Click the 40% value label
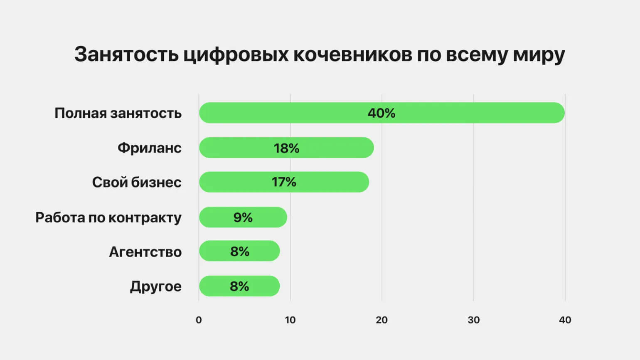(382, 113)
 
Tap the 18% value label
(286, 148)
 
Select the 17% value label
(284, 182)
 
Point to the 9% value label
(243, 217)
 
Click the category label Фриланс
(149, 148)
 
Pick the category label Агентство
(145, 252)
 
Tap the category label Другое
(155, 286)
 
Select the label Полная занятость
(118, 113)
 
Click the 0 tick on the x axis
(199, 320)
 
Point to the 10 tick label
(290, 320)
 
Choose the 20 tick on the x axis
(382, 320)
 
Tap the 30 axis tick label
(473, 320)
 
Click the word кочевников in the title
(353, 54)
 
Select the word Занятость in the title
(126, 54)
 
